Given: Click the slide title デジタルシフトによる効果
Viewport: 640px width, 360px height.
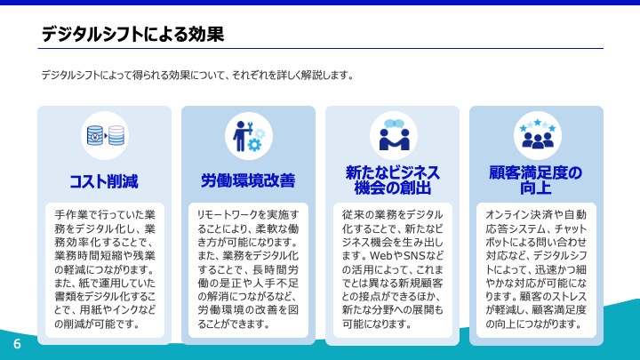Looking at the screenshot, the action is [x=132, y=34].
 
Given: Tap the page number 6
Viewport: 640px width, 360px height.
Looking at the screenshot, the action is [x=17, y=344].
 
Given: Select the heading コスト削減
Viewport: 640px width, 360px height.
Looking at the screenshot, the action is [x=104, y=181].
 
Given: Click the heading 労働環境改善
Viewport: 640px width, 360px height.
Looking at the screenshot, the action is [x=248, y=180].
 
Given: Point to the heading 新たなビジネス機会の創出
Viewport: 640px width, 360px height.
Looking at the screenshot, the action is [x=392, y=180].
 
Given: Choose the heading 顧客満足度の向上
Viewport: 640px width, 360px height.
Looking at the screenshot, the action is [x=536, y=180].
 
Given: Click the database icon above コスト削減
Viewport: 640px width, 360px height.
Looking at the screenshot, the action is [x=105, y=135].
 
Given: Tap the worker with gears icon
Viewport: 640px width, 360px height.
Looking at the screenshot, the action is [x=249, y=135].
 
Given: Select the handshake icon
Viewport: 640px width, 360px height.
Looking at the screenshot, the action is [x=394, y=135].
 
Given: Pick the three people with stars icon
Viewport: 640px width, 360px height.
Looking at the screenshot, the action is [x=538, y=134].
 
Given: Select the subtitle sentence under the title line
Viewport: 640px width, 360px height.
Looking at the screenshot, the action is [x=197, y=75].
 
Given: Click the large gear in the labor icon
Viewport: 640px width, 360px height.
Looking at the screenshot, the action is [x=254, y=145].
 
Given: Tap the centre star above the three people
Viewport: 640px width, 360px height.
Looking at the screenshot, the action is [x=538, y=122].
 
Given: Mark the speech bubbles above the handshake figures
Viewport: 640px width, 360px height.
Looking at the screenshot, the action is [x=394, y=124].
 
